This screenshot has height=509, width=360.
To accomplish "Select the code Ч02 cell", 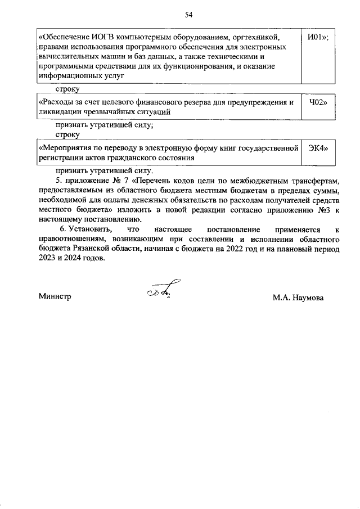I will tap(318, 103).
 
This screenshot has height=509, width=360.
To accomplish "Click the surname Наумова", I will tap(308, 296).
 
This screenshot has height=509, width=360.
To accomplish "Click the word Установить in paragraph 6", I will tap(91, 231).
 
